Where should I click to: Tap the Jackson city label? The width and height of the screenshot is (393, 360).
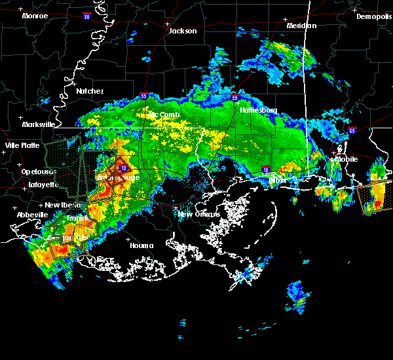click(x=183, y=31)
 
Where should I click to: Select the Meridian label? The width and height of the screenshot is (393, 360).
click(x=301, y=26)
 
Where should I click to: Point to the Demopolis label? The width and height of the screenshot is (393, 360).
click(x=373, y=17)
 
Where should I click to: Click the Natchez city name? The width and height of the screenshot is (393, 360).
click(x=90, y=91)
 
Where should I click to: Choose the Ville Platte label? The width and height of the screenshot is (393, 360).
click(x=22, y=145)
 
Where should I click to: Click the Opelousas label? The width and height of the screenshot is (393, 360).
click(x=37, y=171)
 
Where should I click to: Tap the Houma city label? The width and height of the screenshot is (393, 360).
click(x=141, y=245)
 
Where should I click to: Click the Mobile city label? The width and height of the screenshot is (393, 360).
click(x=347, y=158)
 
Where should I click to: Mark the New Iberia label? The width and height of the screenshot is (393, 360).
click(x=62, y=205)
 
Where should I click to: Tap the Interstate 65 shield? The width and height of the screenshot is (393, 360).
click(x=352, y=130)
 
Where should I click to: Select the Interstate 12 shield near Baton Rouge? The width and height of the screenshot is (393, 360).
click(x=123, y=168)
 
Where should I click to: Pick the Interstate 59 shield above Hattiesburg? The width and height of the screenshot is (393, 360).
click(x=234, y=98)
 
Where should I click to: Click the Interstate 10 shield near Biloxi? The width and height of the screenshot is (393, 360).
click(x=266, y=170)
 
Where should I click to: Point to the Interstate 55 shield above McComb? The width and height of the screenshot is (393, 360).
click(x=143, y=96)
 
